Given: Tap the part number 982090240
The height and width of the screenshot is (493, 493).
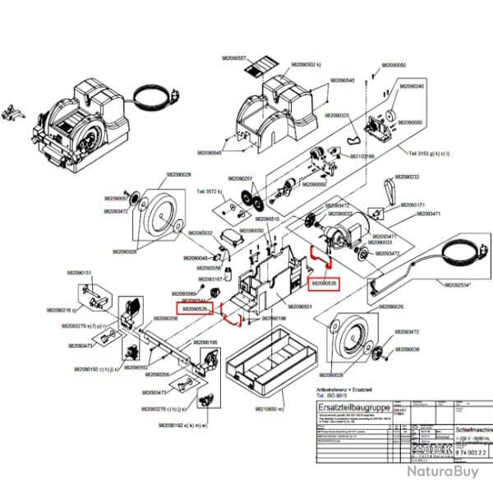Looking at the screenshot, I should point(411,86).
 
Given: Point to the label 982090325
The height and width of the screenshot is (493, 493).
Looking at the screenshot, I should point(334,116).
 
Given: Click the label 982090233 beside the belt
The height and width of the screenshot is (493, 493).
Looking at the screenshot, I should point(408,177).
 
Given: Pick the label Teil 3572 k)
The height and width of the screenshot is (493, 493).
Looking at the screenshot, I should point(210,191).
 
